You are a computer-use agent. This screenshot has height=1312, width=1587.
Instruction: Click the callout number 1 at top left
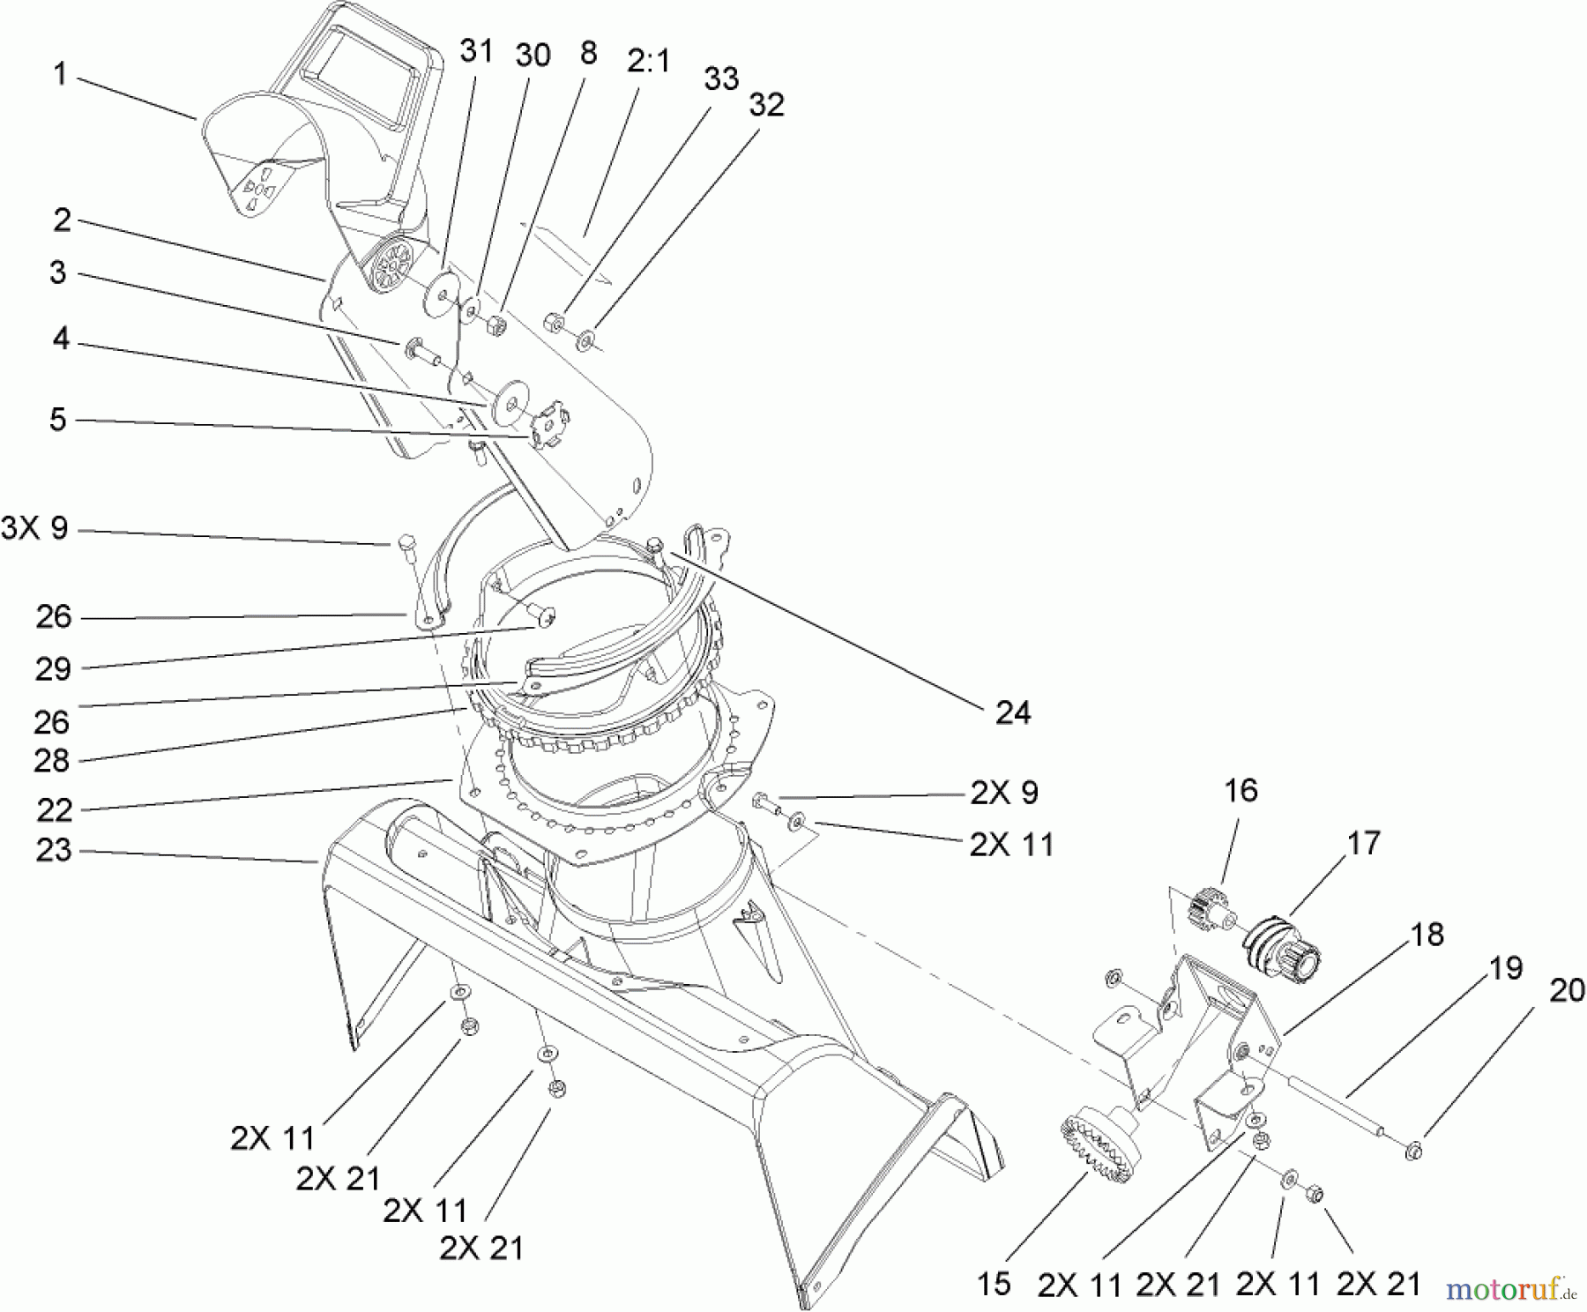(x=59, y=74)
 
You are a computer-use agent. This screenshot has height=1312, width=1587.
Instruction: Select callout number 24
(x=1012, y=712)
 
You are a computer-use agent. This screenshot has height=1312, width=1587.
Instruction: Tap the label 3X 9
(x=35, y=530)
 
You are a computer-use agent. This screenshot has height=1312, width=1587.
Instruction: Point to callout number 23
(x=53, y=851)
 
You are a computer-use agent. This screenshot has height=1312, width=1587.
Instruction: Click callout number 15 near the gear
(x=994, y=1284)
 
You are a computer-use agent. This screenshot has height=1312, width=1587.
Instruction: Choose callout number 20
(x=1566, y=991)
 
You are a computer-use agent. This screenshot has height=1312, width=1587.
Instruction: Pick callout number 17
(x=1363, y=843)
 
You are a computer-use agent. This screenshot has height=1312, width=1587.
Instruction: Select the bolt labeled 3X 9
(x=406, y=542)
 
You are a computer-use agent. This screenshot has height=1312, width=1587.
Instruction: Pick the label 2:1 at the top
(x=649, y=61)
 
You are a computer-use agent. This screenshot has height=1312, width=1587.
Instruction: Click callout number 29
(x=53, y=668)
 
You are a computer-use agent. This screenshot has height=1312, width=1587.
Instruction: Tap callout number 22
(x=53, y=809)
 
